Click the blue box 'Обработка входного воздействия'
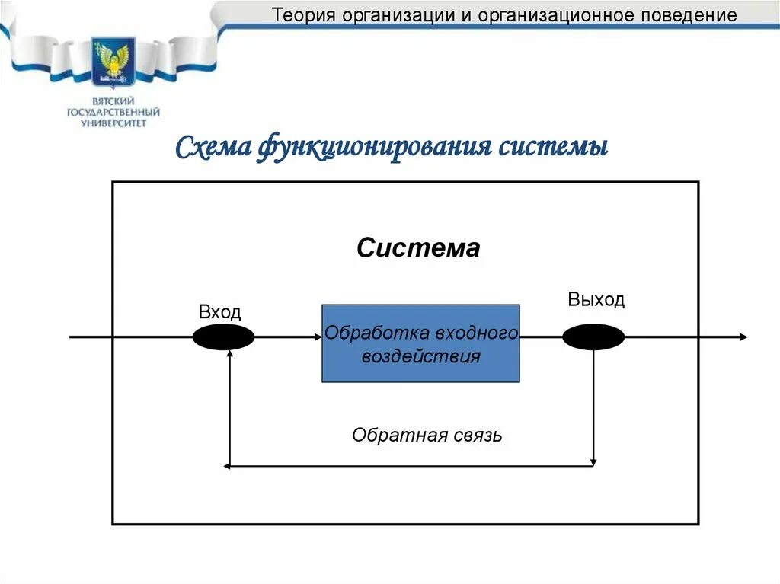click(420, 343)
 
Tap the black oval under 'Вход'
click(223, 337)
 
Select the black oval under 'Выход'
click(593, 337)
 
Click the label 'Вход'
click(219, 311)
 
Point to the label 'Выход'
click(596, 299)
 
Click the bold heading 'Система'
click(418, 248)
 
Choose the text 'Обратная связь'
click(427, 436)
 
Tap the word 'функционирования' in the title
click(376, 146)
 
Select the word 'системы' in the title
click(553, 146)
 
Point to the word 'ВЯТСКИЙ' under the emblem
click(113, 101)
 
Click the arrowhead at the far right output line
click(743, 337)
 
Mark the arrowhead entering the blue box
click(318, 337)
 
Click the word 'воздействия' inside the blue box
click(420, 356)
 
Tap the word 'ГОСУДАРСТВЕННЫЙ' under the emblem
click(113, 112)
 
